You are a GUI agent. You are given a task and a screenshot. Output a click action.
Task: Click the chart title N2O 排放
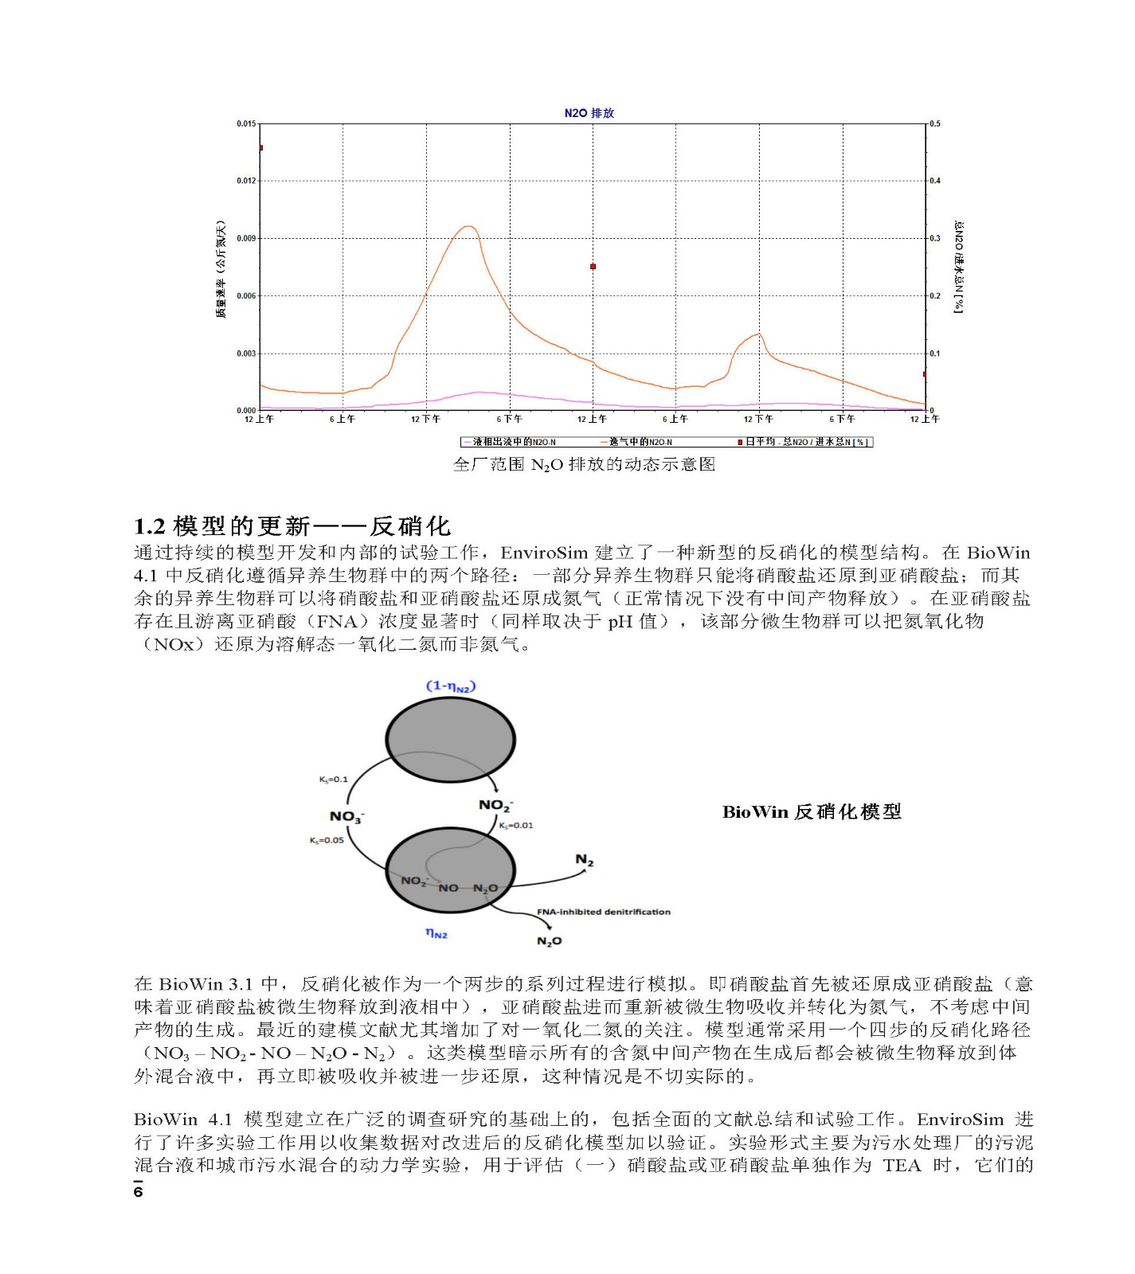pos(589,113)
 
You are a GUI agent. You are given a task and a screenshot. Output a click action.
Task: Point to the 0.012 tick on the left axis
pos(246,181)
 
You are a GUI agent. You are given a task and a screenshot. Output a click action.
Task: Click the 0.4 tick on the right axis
pos(935,181)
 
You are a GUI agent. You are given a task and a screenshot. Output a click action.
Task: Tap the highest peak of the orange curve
pos(469,227)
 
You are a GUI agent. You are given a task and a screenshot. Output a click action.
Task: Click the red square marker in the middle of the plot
pos(593,267)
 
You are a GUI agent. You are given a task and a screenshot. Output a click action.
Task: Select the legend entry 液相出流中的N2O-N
pos(512,442)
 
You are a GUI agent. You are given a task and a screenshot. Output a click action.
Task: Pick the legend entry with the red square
pos(804,442)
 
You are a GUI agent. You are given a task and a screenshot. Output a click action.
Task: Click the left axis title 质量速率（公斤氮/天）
pos(221,269)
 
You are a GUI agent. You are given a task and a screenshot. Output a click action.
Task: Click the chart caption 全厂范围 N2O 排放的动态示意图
pos(584,464)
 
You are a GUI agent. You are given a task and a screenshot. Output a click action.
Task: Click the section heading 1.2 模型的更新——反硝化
pos(292,526)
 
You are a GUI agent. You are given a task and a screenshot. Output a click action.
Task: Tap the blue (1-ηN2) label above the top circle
pos(451,686)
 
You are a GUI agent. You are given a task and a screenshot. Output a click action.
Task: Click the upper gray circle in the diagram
pos(450,740)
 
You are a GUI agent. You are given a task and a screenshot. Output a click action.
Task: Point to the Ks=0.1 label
pos(333,780)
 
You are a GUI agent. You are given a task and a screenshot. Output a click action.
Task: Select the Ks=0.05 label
pos(327,840)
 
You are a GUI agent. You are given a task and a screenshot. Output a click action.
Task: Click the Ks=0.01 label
pos(516,826)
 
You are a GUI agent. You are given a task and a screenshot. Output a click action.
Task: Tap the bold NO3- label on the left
pos(346,816)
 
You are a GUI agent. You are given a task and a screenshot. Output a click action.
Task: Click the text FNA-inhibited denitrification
pos(603,912)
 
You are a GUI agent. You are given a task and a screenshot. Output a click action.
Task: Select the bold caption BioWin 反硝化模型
pos(812,812)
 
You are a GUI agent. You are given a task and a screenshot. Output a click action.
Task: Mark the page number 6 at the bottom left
pos(138,1192)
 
